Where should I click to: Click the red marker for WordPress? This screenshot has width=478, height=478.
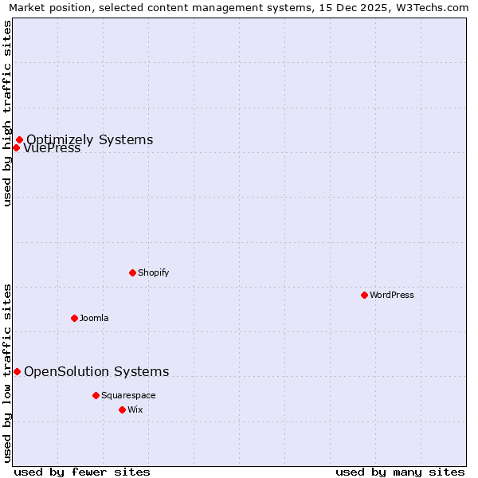[364, 295]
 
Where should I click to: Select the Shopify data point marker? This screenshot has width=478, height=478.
[132, 272]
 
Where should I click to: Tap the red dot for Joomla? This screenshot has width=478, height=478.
[74, 318]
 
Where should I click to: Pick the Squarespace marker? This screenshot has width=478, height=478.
[96, 395]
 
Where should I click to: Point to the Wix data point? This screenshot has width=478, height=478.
[122, 409]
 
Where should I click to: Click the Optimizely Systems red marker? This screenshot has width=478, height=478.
[19, 140]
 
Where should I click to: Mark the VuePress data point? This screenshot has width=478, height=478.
[16, 147]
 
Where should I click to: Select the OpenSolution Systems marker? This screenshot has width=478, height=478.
[17, 371]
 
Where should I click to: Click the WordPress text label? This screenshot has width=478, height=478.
[391, 295]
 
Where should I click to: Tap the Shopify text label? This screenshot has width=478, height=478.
[153, 272]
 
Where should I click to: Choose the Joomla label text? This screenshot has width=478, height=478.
[94, 318]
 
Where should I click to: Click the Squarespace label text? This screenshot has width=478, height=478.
[128, 395]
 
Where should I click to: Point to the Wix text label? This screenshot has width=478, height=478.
[135, 409]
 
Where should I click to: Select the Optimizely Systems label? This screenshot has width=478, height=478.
[89, 140]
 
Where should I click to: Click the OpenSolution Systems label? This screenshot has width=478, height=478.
[96, 371]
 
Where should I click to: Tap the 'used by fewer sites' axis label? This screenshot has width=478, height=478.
[82, 472]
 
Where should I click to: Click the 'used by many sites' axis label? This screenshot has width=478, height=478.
[400, 472]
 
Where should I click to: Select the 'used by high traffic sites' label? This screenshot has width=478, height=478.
[7, 113]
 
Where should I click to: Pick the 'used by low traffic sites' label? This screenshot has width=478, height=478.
[7, 373]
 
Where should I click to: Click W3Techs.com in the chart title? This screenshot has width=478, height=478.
[437, 8]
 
